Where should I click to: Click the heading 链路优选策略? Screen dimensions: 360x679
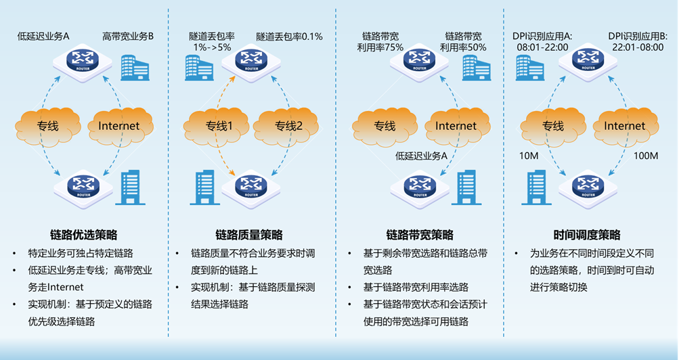[x=84, y=235]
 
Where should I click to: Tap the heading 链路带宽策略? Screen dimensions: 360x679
[x=420, y=235]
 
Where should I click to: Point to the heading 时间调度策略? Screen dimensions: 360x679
[x=586, y=235]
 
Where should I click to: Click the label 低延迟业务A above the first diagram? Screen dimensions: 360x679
[x=43, y=35]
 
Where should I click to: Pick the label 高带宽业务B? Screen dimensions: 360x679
[x=128, y=35]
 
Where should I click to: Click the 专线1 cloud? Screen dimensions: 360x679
[x=219, y=126]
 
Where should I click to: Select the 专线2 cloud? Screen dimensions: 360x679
[x=288, y=126]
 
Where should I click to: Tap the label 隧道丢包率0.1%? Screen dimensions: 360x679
[x=289, y=36]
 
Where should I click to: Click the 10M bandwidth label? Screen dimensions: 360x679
[x=529, y=156]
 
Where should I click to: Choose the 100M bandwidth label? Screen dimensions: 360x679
[x=645, y=156]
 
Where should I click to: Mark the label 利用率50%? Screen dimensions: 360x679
[x=463, y=47]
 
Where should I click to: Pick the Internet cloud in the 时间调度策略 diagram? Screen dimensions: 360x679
[x=624, y=126]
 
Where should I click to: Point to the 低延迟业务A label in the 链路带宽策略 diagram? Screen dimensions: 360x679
[x=422, y=156]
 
